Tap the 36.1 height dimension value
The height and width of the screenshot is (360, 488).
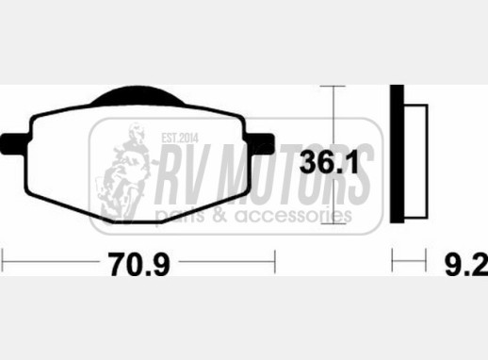click(329, 162)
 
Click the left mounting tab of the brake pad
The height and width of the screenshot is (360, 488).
click(15, 144)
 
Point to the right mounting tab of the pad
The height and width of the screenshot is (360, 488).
click(261, 144)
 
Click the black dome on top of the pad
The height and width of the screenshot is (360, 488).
click(138, 95)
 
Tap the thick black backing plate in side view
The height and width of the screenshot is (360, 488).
click(397, 154)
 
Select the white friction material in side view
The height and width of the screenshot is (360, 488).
click(415, 161)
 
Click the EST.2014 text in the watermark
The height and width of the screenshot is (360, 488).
click(180, 138)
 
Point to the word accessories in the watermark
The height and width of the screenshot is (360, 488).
click(293, 216)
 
